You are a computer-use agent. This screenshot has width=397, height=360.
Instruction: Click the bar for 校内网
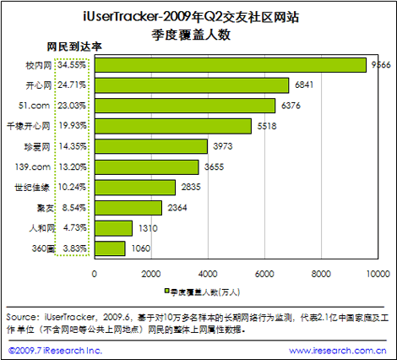pos(231,65)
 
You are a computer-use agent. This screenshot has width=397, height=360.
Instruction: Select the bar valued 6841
pos(192,85)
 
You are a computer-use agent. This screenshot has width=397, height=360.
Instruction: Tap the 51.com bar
pos(185,106)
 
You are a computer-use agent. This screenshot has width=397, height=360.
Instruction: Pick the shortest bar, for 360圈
pos(110,248)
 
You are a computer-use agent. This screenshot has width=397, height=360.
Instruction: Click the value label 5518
pos(267,126)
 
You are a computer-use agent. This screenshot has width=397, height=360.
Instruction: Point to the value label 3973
pos(223,146)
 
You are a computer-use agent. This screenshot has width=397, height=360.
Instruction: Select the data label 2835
pos(191,187)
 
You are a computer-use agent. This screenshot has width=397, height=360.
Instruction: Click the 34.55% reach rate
pos(72,65)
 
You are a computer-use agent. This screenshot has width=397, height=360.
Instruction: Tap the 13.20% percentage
pos(73,166)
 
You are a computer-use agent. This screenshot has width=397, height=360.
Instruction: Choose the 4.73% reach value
pos(74,227)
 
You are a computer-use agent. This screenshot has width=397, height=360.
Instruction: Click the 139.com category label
pos(33,166)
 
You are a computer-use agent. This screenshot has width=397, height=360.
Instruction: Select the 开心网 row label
pos(39,85)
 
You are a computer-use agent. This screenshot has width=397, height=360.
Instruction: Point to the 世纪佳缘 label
pos(32,188)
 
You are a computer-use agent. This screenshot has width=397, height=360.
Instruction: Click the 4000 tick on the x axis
pos(208,274)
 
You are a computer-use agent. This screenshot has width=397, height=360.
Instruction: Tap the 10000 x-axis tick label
pos(378,274)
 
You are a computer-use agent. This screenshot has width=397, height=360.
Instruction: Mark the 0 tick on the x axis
pos(95,274)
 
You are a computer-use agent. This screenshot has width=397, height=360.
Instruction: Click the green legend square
pos(166,291)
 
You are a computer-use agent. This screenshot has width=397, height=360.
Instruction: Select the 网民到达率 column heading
pos(74,46)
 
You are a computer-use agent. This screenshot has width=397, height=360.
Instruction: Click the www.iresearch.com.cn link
pos(338,351)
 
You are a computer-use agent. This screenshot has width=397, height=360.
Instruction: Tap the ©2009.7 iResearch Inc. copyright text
pos(55,351)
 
